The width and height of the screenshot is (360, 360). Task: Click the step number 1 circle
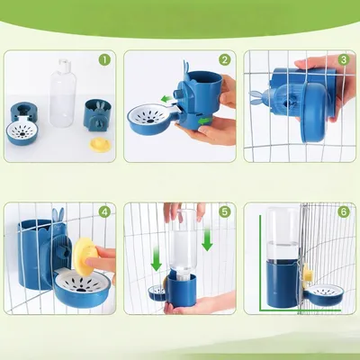(104, 60)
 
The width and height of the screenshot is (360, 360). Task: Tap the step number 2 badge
(225, 60)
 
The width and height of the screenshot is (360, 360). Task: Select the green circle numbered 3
(343, 60)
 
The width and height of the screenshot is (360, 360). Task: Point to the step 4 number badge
(104, 212)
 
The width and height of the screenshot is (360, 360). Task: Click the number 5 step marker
(225, 212)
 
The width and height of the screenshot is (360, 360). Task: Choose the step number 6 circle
(343, 212)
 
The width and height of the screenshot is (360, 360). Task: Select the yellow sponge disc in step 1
(100, 144)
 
